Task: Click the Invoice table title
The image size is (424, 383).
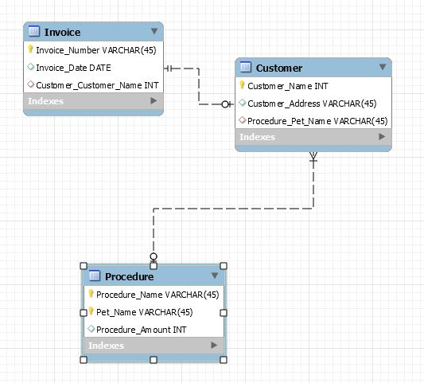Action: [62, 32]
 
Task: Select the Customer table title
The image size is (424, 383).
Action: [278, 68]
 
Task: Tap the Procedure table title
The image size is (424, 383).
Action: [129, 276]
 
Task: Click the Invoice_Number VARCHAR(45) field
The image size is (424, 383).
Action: [95, 50]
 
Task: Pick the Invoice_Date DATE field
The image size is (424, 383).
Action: [73, 68]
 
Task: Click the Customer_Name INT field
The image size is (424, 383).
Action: [277, 86]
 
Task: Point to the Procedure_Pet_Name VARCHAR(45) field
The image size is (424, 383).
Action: [317, 121]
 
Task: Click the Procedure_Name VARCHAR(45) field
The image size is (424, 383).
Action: [158, 295]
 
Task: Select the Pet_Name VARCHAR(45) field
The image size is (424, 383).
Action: [145, 312]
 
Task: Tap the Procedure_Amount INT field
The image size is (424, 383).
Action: [142, 330]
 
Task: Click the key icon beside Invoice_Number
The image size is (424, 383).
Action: [30, 49]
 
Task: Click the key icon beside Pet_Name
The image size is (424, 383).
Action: [91, 311]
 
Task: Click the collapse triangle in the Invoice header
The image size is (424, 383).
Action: [154, 32]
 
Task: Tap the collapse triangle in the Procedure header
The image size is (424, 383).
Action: [215, 276]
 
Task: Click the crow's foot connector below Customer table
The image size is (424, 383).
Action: [313, 158]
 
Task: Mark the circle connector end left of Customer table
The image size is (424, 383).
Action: [226, 104]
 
